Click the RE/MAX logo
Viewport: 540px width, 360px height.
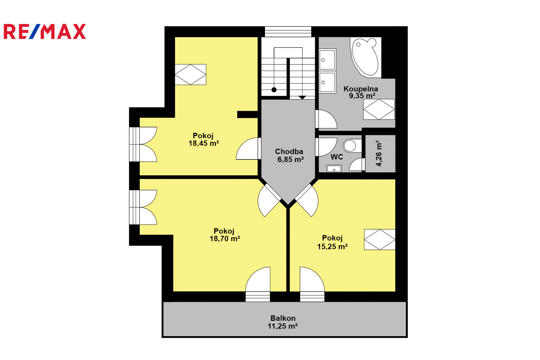45,31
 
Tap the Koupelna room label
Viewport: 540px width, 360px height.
361,89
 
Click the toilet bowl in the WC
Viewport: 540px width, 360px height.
350,146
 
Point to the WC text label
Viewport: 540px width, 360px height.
337,157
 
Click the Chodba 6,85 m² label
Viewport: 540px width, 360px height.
289,155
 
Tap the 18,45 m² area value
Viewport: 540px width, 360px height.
204,143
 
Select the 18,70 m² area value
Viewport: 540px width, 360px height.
225,239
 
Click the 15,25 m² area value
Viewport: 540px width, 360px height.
332,247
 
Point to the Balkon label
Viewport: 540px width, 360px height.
283,318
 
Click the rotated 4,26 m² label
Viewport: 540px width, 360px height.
379,154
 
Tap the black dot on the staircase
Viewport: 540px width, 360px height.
274,90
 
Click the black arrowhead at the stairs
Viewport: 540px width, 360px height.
302,98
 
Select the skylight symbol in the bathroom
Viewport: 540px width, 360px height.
379,109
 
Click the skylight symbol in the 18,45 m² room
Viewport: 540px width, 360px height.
190,75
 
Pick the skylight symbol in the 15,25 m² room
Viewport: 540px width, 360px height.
380,239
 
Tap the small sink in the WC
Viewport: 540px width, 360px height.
334,168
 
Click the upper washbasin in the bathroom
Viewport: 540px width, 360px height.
327,59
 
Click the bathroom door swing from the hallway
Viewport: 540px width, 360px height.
326,119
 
